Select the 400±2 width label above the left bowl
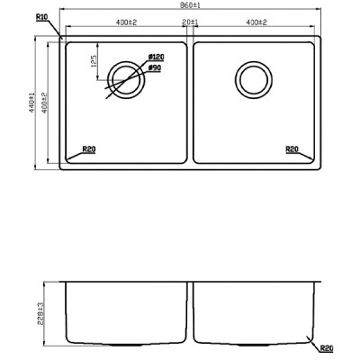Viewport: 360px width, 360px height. point(126,22)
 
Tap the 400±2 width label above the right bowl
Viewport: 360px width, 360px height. point(256,22)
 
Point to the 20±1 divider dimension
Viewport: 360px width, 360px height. point(190,22)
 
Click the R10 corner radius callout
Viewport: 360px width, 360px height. point(41,17)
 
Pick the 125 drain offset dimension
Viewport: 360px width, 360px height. point(94,61)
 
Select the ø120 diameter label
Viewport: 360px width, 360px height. point(157,57)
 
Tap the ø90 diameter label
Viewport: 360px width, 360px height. point(155,68)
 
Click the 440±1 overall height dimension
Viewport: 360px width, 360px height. point(31,103)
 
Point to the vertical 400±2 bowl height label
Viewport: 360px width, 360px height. point(44,103)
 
